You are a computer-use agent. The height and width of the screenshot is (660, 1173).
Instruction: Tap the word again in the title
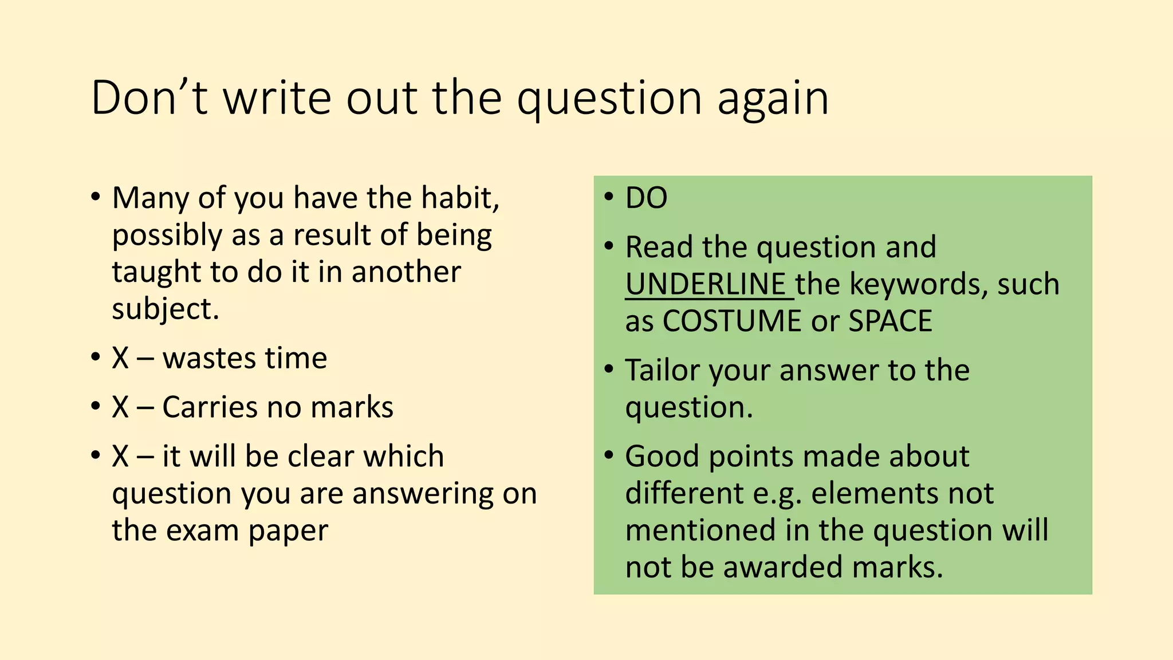pyautogui.click(x=773, y=99)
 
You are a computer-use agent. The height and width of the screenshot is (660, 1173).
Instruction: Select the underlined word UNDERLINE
pyautogui.click(x=706, y=284)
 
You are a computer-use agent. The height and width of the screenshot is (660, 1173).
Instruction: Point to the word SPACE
pyautogui.click(x=890, y=321)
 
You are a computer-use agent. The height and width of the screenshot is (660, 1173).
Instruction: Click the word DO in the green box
pyautogui.click(x=646, y=198)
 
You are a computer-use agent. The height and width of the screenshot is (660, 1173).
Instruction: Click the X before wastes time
pyautogui.click(x=120, y=359)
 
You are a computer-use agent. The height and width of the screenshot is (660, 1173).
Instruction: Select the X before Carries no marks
pyautogui.click(x=120, y=407)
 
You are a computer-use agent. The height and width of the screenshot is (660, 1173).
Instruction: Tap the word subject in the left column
pyautogui.click(x=165, y=309)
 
